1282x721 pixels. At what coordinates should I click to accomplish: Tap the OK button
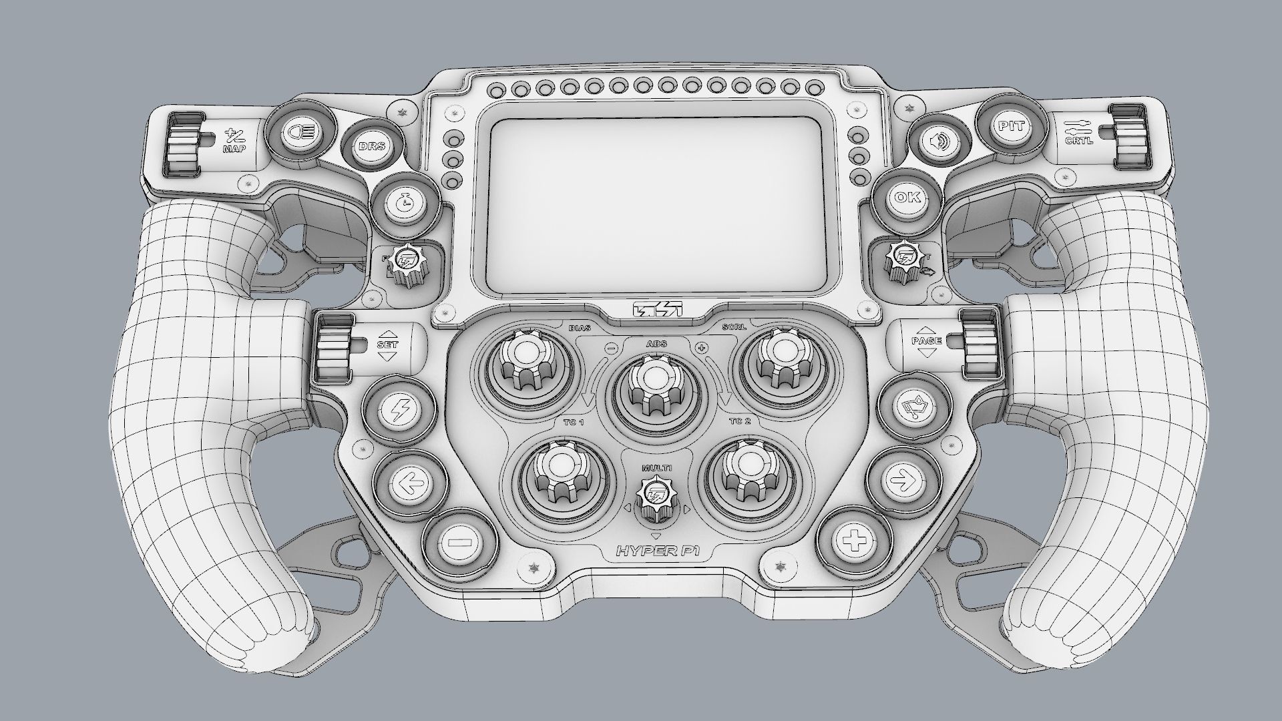point(906,198)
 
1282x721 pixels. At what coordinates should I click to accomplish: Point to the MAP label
point(234,149)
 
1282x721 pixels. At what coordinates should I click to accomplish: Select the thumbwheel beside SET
point(333,347)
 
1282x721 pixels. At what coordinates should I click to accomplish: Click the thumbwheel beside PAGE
point(980,343)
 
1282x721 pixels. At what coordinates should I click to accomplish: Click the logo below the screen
point(657,310)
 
